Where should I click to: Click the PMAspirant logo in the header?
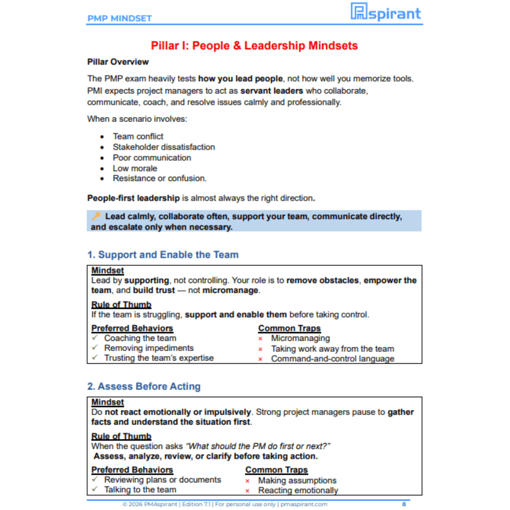coord(385,12)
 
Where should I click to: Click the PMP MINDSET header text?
coord(119,18)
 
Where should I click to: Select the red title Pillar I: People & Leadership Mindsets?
coord(254,46)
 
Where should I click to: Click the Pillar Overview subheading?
coord(118,62)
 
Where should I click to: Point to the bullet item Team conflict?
coord(138,136)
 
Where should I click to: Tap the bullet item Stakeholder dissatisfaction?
coord(164,147)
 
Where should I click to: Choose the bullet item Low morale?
coord(135,168)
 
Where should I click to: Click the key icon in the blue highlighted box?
coord(96,216)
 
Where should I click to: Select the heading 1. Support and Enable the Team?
coord(163,255)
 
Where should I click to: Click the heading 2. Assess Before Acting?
coord(144,386)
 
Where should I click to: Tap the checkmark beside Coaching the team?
coord(95,338)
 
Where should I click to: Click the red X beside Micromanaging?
coord(261,339)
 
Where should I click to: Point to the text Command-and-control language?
coord(332,359)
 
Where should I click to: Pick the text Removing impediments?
coord(149,348)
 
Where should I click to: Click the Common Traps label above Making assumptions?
coord(276,470)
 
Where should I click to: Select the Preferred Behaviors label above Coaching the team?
coord(132,329)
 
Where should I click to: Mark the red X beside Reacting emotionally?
coord(247,491)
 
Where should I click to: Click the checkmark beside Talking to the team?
coord(95,489)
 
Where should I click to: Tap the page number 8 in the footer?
coord(404,504)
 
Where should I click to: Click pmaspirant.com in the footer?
coord(304,504)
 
